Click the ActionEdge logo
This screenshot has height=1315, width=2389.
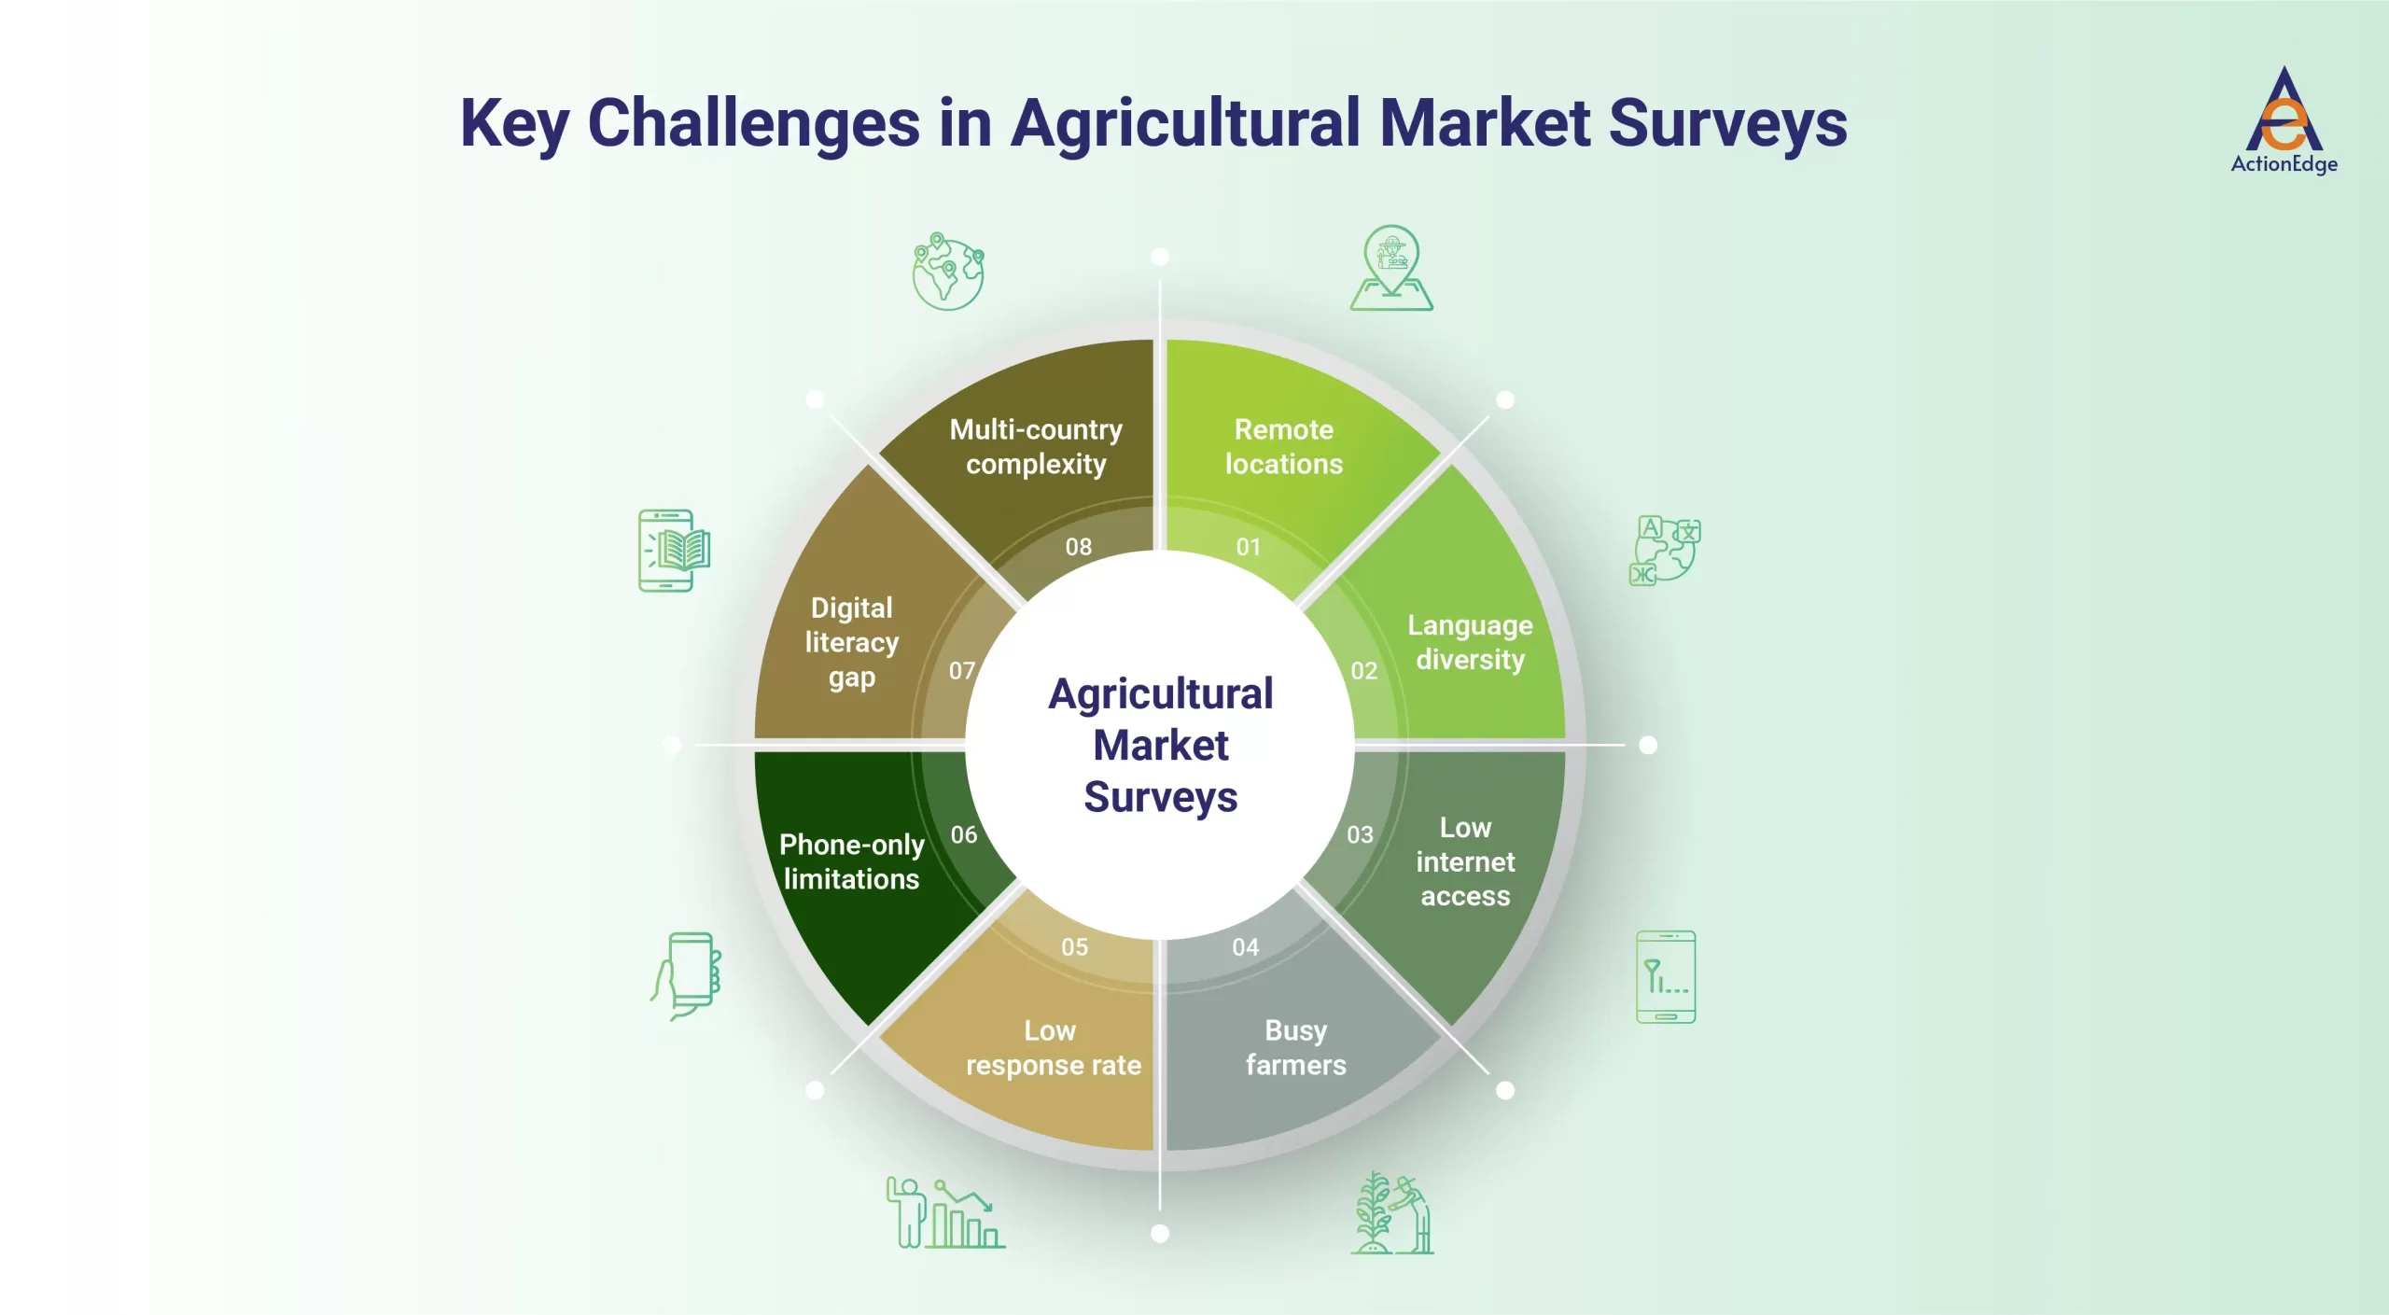[2284, 119]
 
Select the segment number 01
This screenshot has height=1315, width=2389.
[1248, 547]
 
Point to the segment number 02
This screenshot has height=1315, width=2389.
[1363, 671]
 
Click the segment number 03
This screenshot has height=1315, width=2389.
[1360, 834]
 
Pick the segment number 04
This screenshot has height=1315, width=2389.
[1245, 947]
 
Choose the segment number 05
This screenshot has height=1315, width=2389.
[1074, 947]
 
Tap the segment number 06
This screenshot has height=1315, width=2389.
[964, 834]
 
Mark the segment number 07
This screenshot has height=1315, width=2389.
[962, 671]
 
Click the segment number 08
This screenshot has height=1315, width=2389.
[1078, 547]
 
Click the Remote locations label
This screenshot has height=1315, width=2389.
[1283, 447]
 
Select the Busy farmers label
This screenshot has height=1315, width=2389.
[1295, 1047]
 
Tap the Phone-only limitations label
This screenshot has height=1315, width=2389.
[851, 861]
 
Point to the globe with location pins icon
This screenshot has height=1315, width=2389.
[948, 272]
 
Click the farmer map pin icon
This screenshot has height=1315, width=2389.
[1390, 269]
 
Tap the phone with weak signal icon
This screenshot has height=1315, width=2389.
[1666, 976]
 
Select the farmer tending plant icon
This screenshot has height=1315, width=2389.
[1392, 1213]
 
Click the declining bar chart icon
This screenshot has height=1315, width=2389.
[944, 1213]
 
